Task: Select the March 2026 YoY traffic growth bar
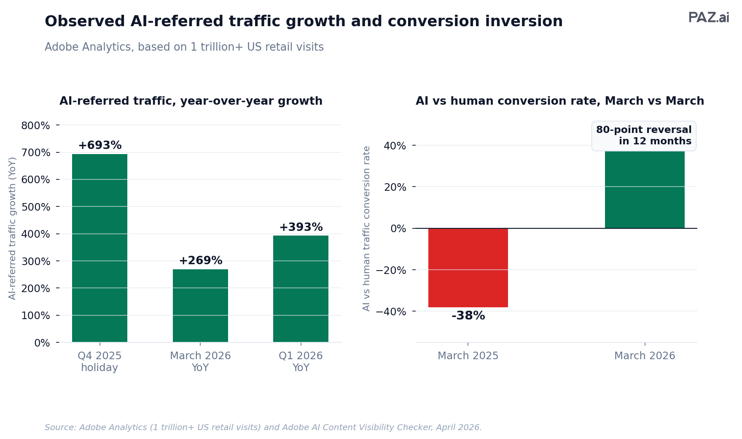200,306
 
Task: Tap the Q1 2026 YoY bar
301,289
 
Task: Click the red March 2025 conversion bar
468,268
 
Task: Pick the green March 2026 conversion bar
645,190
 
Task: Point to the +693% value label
100,146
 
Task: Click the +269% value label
201,261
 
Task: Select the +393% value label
301,228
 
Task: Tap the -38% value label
468,316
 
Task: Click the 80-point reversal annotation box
644,135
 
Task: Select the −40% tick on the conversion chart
391,312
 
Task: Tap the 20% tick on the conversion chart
395,187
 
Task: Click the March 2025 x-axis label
468,356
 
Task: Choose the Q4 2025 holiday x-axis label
99,362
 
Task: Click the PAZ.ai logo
709,18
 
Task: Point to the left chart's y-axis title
13,228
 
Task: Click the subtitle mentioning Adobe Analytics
184,47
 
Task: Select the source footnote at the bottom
263,428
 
